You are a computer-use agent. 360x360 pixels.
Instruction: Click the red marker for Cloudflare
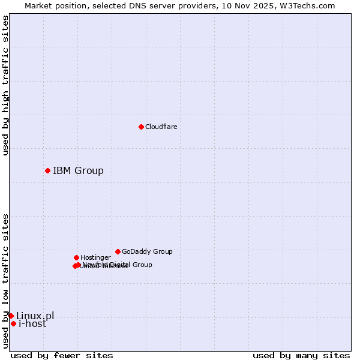point(141,127)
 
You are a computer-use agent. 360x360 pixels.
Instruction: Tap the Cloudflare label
point(161,127)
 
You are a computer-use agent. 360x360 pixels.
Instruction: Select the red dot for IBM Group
point(47,170)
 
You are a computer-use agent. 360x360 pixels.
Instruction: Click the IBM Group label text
point(78,170)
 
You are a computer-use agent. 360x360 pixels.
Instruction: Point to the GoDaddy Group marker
point(118,251)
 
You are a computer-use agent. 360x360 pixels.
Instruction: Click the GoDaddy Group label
point(147,251)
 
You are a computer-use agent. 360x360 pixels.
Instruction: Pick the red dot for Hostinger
point(76,257)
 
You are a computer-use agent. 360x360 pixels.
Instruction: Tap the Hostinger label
point(95,257)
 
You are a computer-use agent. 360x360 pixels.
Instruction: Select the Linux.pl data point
point(11,316)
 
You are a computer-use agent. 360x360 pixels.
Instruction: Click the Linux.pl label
point(35,316)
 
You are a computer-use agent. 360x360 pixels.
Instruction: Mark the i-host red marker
point(13,323)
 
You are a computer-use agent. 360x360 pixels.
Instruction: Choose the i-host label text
point(32,323)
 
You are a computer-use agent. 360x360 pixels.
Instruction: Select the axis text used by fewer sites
point(62,355)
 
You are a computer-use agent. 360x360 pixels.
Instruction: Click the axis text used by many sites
point(301,355)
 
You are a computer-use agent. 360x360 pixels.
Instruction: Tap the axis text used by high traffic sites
point(5,85)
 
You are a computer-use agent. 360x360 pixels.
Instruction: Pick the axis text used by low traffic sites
point(5,281)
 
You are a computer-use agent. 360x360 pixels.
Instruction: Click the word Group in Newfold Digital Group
point(142,265)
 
